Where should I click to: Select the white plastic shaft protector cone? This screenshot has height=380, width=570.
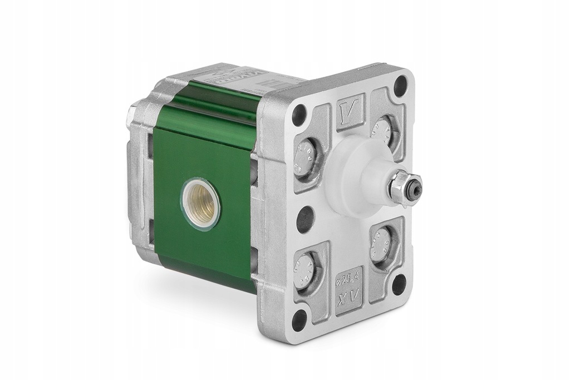[359, 175]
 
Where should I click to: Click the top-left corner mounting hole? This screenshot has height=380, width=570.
[299, 115]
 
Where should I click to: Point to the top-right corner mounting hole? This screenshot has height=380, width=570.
[400, 87]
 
